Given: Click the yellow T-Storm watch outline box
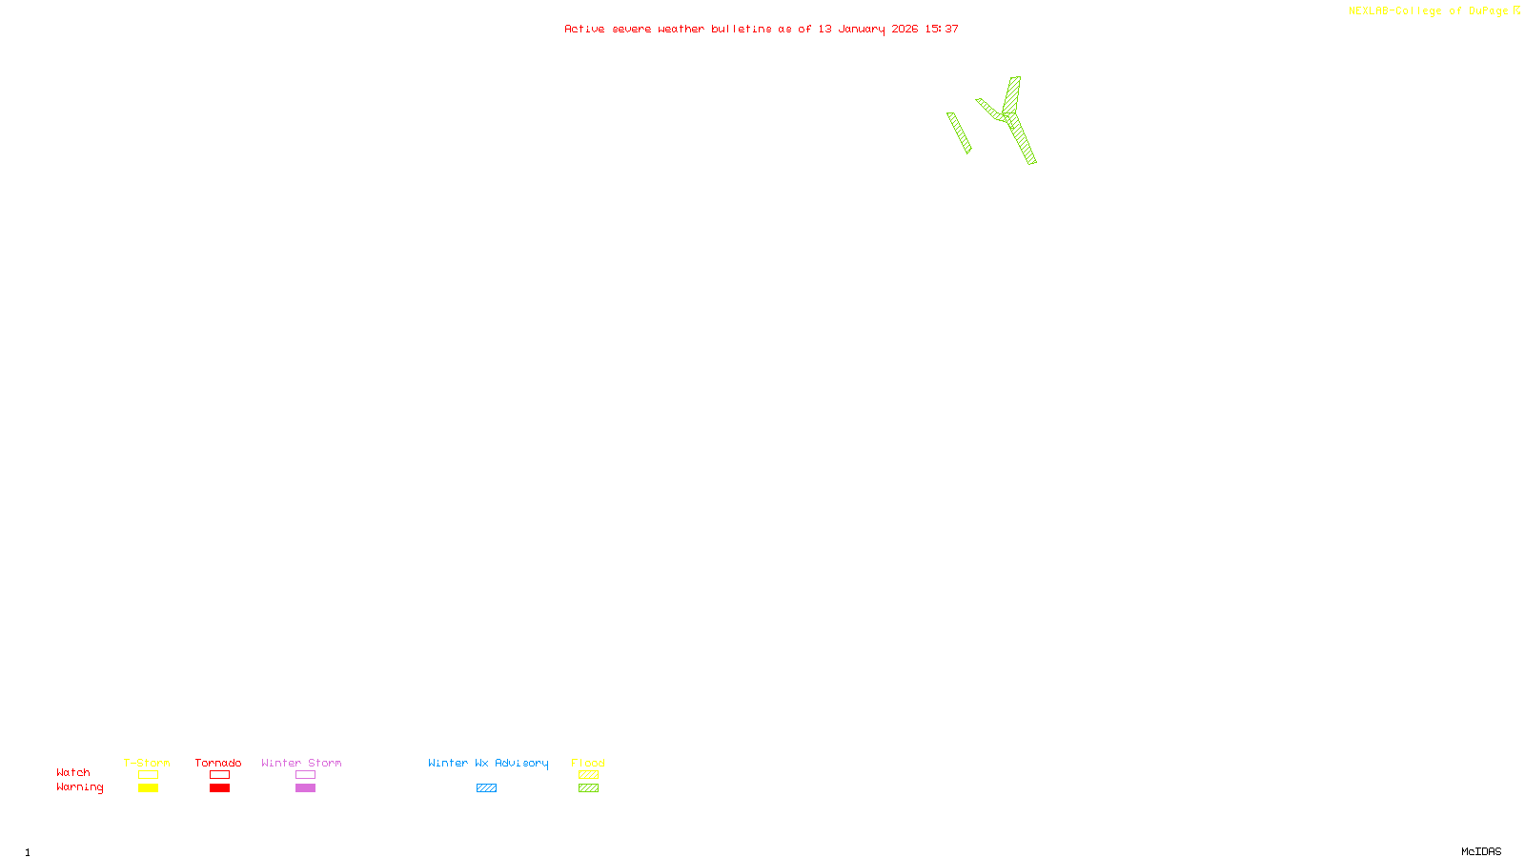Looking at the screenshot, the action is point(148,775).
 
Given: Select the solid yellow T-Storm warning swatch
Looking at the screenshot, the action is point(148,788).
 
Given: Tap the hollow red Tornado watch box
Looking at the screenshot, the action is point(219,775).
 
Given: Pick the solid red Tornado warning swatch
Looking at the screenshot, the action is point(219,788).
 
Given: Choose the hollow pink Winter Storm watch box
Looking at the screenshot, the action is point(305,775).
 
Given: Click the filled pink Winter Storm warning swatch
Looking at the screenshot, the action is point(305,788).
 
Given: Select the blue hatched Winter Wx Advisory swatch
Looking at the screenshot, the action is point(486,788).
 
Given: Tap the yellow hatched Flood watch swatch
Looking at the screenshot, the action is point(588,775).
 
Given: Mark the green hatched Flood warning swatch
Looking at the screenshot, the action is point(588,788).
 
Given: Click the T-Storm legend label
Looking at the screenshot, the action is point(147,763).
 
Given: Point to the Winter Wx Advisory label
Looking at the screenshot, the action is point(488,763).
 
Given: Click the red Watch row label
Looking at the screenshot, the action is point(73,773).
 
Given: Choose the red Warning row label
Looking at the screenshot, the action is point(79,787).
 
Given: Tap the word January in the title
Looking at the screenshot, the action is point(862,29).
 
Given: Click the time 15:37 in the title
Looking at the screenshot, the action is point(942,29).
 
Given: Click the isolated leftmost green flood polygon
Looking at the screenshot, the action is point(959,133).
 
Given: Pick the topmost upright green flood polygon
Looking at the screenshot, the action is point(1012,94).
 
